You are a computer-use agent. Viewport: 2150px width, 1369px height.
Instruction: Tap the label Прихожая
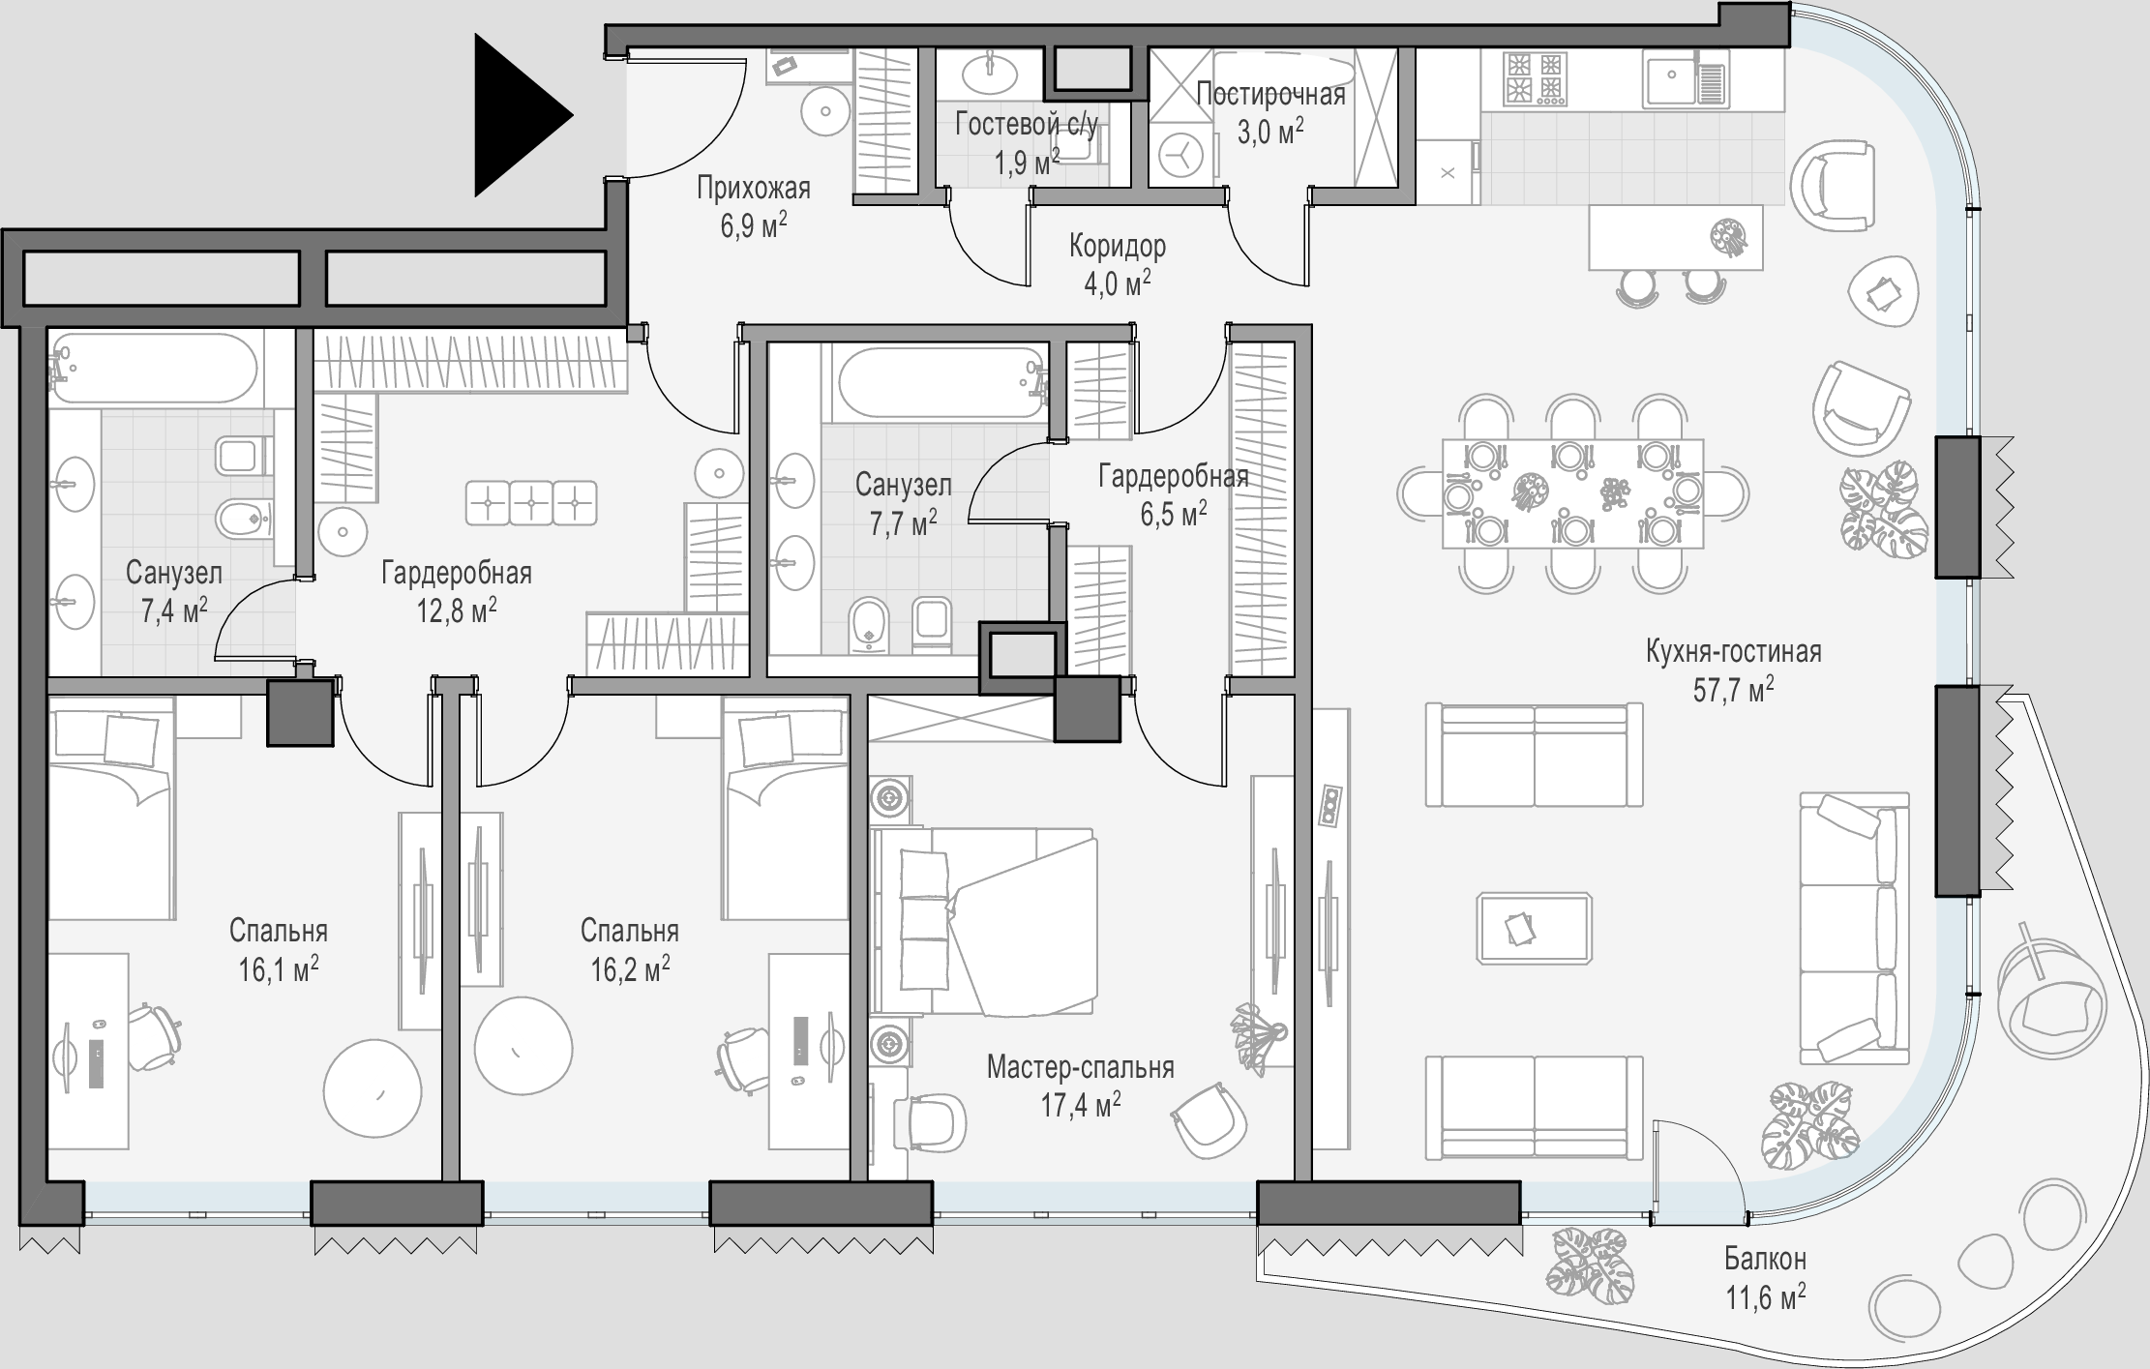tap(754, 188)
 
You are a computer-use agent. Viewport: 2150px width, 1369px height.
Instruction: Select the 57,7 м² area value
tap(1734, 689)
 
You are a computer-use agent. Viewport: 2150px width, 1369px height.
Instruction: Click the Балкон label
tap(1765, 1259)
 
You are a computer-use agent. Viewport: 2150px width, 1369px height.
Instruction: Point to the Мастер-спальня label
tap(1081, 1067)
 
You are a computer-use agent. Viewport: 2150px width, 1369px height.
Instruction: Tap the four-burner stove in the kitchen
tap(1534, 78)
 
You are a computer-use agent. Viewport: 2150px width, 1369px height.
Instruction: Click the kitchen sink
tap(1685, 78)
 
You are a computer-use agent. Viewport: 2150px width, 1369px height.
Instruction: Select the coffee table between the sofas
tap(1535, 928)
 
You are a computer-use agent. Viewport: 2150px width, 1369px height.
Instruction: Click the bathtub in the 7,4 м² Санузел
tap(155, 368)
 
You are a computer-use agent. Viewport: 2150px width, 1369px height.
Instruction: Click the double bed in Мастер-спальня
tap(984, 921)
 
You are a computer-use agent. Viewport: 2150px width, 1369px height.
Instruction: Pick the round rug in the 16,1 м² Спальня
tap(373, 1086)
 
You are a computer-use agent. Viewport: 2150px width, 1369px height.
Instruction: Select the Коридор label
tap(1118, 246)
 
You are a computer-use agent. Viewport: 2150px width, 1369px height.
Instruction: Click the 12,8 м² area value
tap(457, 610)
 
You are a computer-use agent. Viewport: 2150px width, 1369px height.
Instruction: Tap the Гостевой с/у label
tap(1027, 124)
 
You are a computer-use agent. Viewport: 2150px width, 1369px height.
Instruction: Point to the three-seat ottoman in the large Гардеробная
tap(531, 503)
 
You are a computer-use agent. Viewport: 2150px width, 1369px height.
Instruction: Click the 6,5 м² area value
tap(1174, 514)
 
